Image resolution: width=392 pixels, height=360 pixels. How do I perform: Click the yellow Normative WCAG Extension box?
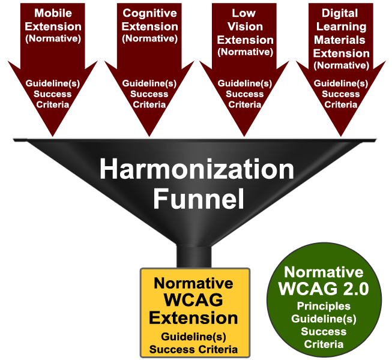pos(194,313)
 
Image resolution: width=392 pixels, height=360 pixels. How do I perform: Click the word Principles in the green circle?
pos(324,305)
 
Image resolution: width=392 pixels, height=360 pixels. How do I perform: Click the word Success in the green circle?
pos(324,331)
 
